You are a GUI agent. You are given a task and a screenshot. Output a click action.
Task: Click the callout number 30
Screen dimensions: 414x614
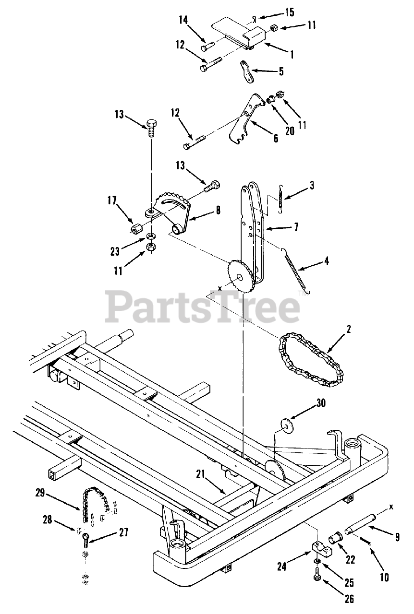point(320,403)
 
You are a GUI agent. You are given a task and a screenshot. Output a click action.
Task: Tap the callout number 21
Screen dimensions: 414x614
point(201,474)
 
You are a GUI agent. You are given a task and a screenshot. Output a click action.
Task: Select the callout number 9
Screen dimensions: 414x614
point(397,538)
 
